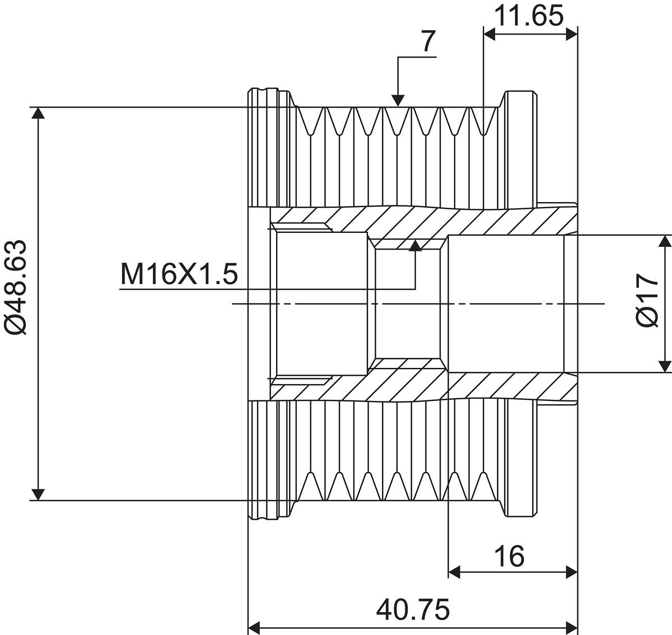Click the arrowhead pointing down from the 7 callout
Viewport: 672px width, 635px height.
coord(398,100)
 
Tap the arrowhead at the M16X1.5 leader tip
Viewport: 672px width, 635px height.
coord(415,246)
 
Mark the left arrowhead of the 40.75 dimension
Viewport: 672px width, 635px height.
coord(255,624)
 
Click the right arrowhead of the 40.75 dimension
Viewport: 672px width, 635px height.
coord(571,624)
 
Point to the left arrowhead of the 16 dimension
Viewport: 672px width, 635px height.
coord(455,572)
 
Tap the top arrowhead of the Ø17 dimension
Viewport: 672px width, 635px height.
coord(664,241)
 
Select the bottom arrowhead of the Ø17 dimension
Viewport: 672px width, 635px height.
coord(664,366)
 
